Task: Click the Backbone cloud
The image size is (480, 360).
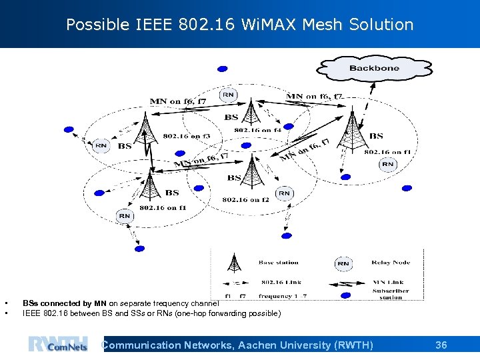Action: click(x=373, y=68)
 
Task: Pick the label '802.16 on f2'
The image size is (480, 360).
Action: click(x=245, y=199)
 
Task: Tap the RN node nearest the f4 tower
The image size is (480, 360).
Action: click(x=228, y=95)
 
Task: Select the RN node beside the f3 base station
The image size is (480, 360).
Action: click(x=101, y=145)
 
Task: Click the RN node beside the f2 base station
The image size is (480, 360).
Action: click(x=284, y=193)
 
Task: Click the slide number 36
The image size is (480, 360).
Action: click(x=441, y=345)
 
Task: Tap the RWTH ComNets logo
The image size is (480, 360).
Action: click(x=58, y=345)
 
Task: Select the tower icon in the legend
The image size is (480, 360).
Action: click(x=234, y=263)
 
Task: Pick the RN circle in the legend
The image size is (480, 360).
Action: click(x=343, y=263)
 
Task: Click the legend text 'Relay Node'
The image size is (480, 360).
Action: click(x=391, y=263)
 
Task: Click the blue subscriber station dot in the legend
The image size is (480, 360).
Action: click(x=345, y=293)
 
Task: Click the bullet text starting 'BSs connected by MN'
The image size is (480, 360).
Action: click(x=120, y=303)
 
